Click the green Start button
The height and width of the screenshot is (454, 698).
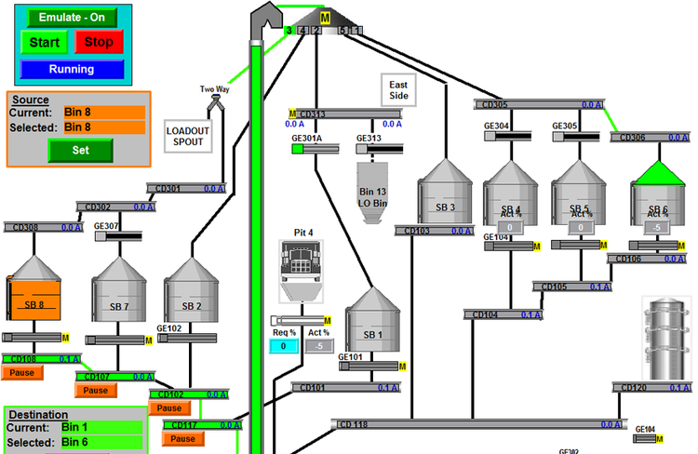pyautogui.click(x=44, y=42)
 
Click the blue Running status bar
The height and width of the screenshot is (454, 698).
pyautogui.click(x=72, y=69)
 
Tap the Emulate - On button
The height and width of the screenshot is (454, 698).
pyautogui.click(x=72, y=17)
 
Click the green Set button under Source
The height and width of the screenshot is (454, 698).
pyautogui.click(x=80, y=149)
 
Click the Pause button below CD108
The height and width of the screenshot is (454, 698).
pyautogui.click(x=22, y=372)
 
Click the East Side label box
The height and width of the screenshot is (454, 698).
pyautogui.click(x=398, y=91)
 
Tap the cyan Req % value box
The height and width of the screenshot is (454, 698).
pyautogui.click(x=284, y=346)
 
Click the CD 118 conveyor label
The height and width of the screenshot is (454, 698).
pyautogui.click(x=354, y=424)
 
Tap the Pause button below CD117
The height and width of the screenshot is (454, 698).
pyautogui.click(x=183, y=438)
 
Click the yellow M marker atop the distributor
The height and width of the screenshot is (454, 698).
pyautogui.click(x=325, y=18)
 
